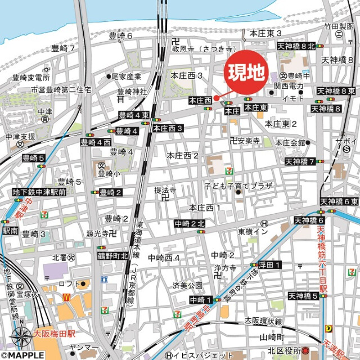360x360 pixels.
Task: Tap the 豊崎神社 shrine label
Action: pos(132,91)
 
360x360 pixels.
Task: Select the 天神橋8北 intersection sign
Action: pos(296,47)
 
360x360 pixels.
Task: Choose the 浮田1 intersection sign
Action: pos(269,264)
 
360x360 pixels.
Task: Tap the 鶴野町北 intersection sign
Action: pos(112,256)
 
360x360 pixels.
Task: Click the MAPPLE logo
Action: pos(22,355)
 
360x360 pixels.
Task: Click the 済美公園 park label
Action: pos(187,285)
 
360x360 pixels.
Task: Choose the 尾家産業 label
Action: pos(125,75)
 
